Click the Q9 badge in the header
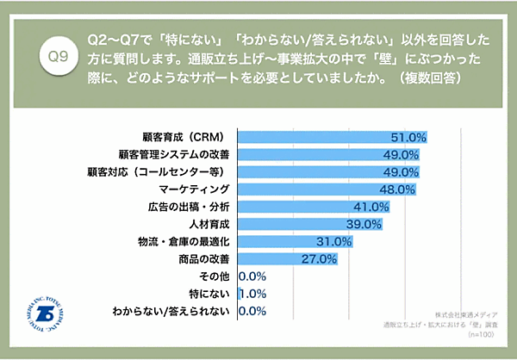tap(58, 57)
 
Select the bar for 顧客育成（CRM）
tap(332, 137)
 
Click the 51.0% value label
tap(408, 137)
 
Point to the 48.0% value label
tap(398, 189)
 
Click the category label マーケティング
tap(195, 189)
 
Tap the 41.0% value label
tap(372, 207)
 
